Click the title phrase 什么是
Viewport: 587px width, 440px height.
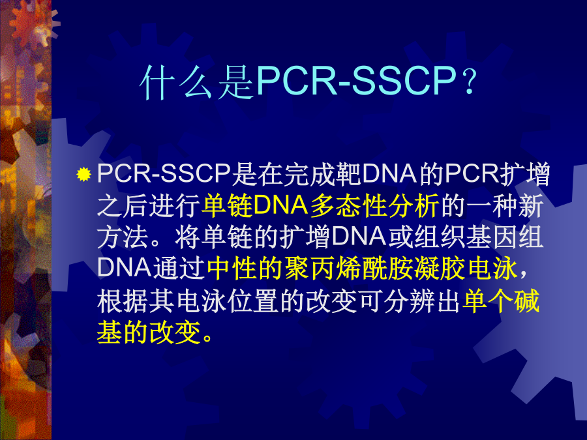(198, 81)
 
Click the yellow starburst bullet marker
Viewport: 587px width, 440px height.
(84, 174)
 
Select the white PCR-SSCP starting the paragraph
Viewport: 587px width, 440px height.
(164, 173)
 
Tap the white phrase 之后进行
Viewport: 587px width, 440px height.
(149, 206)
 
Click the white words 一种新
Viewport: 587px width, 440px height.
(505, 206)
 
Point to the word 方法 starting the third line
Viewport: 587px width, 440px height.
(123, 237)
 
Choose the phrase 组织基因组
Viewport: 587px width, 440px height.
(479, 237)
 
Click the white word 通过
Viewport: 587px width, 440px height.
(179, 269)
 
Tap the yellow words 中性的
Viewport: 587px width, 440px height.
(244, 269)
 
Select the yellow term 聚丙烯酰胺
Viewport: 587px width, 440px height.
(349, 269)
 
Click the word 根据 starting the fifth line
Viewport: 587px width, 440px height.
(123, 301)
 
